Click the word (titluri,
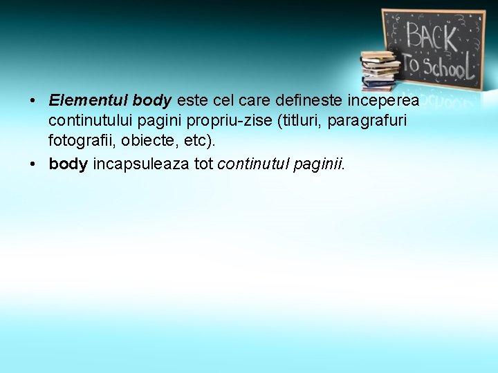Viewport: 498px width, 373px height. tap(299, 121)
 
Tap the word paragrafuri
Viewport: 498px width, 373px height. tap(367, 121)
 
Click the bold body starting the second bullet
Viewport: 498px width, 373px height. tap(68, 164)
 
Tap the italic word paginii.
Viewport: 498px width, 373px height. tap(319, 164)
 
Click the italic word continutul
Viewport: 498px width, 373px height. tap(253, 164)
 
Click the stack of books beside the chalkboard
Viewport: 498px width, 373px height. tap(379, 70)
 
